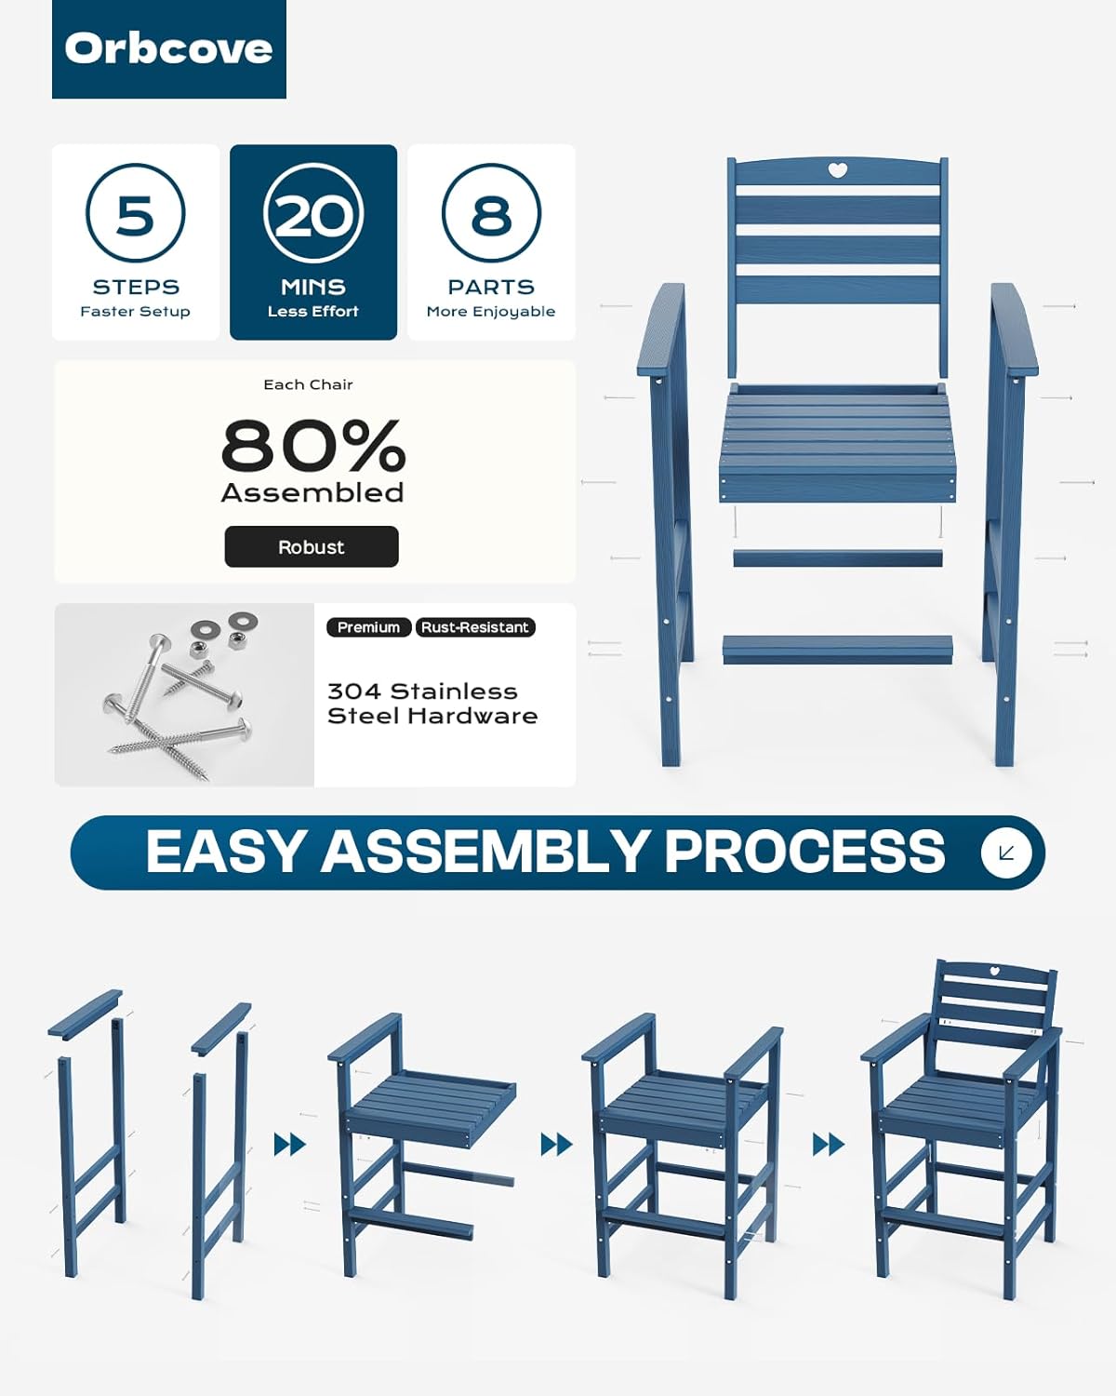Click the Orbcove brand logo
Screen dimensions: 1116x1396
168,49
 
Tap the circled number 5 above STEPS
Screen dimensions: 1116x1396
136,213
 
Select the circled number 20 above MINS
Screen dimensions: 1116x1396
313,213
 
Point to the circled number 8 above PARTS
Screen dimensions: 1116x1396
491,213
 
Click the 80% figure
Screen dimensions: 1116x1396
313,446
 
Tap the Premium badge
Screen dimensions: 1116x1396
368,627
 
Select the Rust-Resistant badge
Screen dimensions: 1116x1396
475,627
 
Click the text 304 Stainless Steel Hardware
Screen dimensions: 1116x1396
432,704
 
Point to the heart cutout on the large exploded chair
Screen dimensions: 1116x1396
838,170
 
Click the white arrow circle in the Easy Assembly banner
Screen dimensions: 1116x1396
1006,852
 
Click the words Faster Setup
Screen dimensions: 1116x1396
136,312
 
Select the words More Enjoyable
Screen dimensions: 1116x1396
491,312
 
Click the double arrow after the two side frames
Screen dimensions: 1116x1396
290,1145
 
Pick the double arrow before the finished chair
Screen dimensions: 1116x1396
829,1145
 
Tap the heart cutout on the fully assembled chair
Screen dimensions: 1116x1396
993,989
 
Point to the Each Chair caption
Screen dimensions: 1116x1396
308,384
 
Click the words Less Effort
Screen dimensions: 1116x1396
313,312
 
